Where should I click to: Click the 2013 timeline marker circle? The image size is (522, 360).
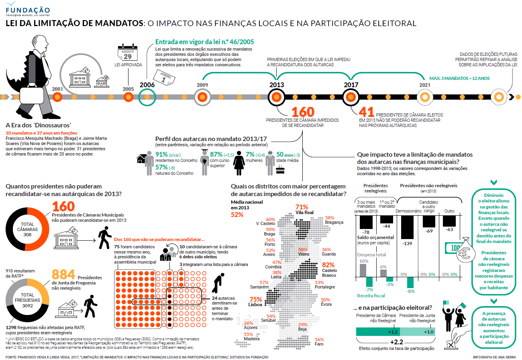point(276,97)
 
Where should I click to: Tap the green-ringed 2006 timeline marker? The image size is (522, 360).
point(147,97)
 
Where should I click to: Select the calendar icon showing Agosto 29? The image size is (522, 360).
point(127,52)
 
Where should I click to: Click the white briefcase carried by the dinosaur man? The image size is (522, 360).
point(31,95)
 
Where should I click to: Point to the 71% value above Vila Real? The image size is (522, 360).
point(302,207)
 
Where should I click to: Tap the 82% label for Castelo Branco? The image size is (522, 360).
point(328,265)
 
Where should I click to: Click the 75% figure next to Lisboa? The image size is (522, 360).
point(256,299)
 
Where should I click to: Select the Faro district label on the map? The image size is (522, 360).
point(319,344)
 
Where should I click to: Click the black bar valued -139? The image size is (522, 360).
point(407,227)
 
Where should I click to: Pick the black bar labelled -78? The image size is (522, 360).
point(366,222)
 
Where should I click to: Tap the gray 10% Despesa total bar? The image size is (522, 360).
point(363,270)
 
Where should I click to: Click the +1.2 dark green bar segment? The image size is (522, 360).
point(378,331)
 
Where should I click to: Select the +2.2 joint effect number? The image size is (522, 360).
point(396,342)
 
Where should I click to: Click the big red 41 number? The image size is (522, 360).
point(366,112)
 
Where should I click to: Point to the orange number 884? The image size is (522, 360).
point(63,274)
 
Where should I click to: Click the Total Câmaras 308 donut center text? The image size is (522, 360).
point(27,229)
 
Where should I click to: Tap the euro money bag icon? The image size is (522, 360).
point(465,250)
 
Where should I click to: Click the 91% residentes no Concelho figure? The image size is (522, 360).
point(161,154)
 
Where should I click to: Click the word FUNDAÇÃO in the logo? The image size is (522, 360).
point(28,10)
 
